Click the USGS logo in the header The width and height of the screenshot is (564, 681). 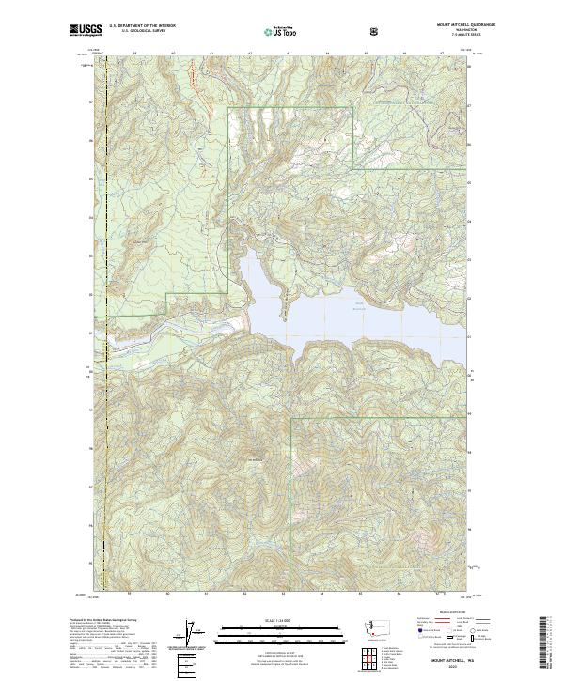(x=86, y=31)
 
